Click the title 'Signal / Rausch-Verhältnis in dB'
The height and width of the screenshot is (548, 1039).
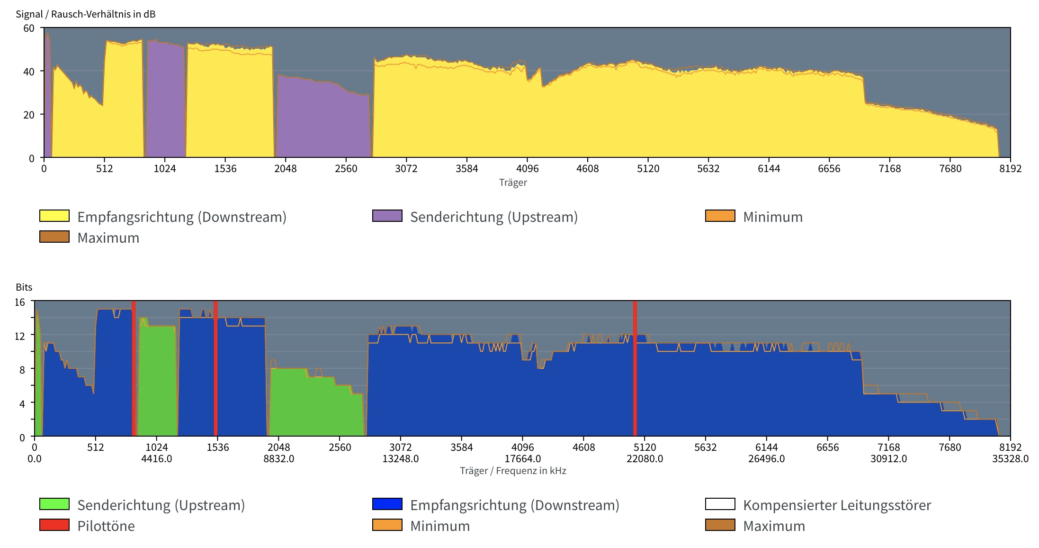(85, 14)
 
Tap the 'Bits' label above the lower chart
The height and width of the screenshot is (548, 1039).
(24, 287)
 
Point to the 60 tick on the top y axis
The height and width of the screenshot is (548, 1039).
(29, 28)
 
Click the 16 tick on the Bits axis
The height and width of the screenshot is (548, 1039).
(19, 302)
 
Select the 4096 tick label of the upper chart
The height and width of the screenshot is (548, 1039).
(527, 169)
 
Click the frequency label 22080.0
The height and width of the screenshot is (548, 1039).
(645, 459)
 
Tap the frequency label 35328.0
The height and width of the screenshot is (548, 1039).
(1010, 459)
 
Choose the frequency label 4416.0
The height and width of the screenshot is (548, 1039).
(156, 459)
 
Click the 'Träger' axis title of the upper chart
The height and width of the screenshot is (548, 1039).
(513, 183)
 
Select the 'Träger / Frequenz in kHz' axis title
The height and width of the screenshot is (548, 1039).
(513, 471)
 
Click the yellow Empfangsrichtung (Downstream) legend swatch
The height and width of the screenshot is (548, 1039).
(54, 216)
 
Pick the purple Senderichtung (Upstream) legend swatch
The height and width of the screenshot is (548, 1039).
(387, 216)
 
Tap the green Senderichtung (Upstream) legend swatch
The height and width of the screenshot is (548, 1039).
(54, 504)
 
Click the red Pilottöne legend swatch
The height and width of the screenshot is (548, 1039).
(54, 525)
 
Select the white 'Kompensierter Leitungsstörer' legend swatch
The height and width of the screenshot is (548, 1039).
(720, 504)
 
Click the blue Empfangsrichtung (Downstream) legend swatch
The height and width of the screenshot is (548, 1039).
(387, 504)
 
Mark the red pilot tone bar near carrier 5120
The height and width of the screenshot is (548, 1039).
(635, 370)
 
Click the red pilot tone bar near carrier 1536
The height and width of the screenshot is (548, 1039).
(215, 370)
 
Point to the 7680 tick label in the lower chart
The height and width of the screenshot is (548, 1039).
(949, 448)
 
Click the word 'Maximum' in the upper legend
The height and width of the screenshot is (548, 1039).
(108, 237)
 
